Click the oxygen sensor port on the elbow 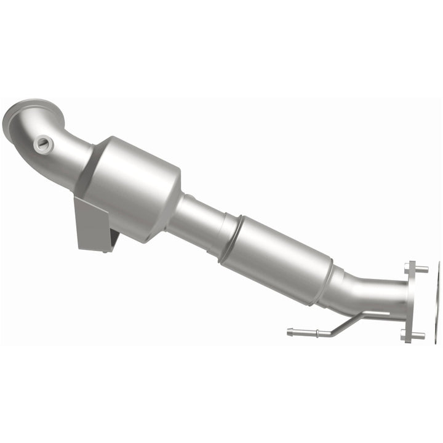[44, 145]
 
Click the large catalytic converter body [135, 178]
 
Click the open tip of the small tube [289, 332]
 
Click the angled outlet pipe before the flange [369, 292]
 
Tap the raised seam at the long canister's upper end [230, 231]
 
